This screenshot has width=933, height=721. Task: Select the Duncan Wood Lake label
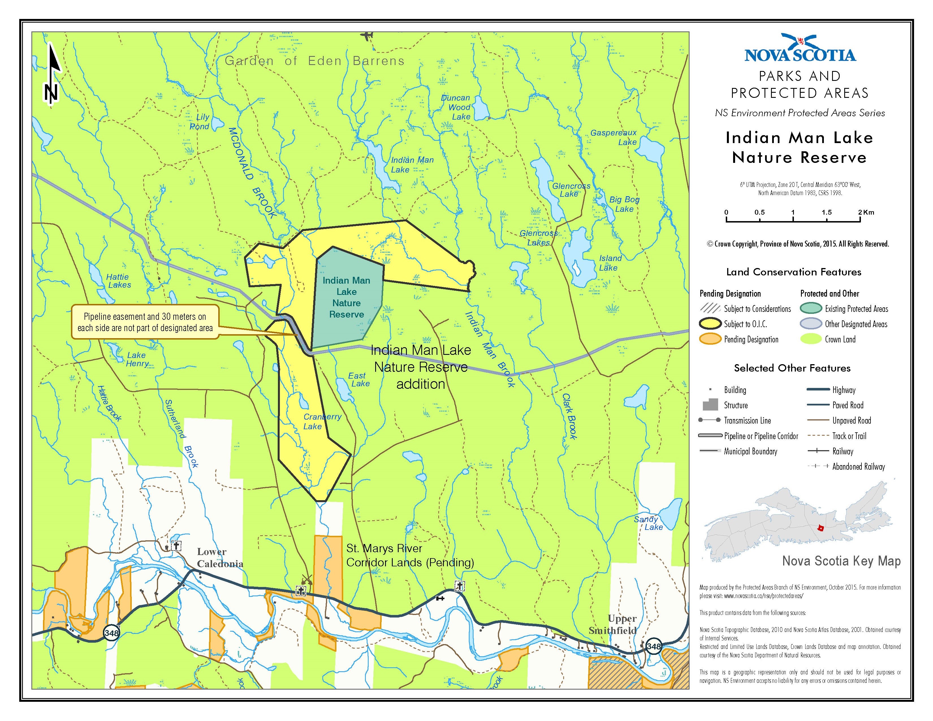click(x=456, y=107)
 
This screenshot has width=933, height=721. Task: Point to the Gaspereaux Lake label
click(x=614, y=137)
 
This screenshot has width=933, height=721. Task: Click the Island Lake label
click(x=610, y=263)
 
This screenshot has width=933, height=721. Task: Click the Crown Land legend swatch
click(x=810, y=339)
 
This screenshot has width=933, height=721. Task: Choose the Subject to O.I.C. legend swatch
click(x=710, y=324)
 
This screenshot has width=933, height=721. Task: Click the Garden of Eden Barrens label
click(x=314, y=61)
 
